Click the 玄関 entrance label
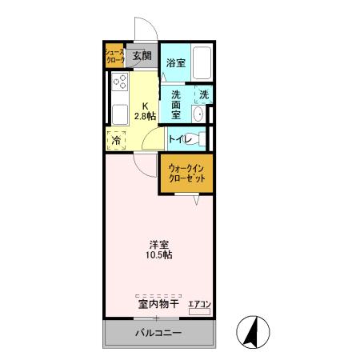point(142,56)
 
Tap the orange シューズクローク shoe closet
point(114,56)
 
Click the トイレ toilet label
point(178,139)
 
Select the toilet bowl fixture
point(199,138)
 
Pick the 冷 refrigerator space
point(117,140)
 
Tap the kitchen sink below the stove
point(119,111)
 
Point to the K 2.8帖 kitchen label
point(145,111)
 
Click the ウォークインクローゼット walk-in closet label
point(186,173)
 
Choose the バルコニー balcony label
point(158,333)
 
